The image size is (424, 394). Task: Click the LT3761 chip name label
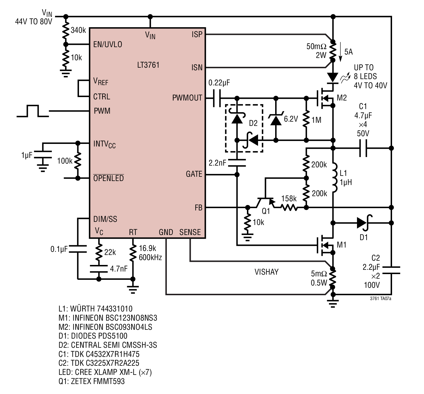tap(148, 65)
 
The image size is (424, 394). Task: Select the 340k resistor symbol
tap(66, 30)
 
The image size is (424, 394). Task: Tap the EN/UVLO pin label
tap(107, 45)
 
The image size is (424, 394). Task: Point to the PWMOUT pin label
tap(187, 98)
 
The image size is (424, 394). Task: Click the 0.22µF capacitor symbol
tap(217, 98)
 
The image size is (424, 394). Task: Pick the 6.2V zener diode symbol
tap(276, 119)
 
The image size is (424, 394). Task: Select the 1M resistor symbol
tap(306, 119)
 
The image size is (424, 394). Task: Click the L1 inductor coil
tap(334, 177)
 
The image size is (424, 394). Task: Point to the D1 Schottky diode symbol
tap(364, 223)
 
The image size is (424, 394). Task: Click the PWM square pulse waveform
tap(33, 111)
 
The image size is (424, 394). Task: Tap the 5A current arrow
tap(340, 52)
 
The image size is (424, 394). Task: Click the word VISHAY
tap(266, 272)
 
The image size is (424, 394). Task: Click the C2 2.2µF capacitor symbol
tap(391, 270)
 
